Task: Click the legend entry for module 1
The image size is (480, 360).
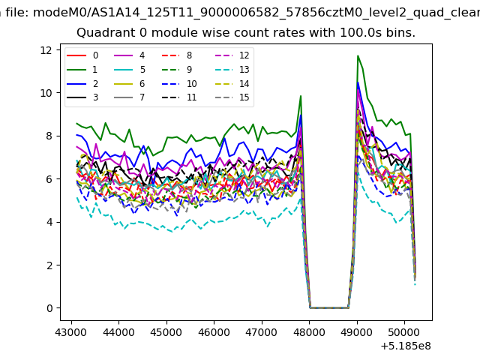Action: [x=82, y=70]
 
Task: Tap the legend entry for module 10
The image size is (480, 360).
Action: [x=179, y=84]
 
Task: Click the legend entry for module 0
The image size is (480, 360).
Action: [x=82, y=55]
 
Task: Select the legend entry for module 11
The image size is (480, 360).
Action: [x=179, y=97]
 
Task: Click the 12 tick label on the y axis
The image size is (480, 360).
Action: [x=46, y=50]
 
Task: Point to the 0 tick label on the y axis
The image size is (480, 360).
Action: [x=49, y=308]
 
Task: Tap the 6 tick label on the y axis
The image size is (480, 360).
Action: [x=49, y=179]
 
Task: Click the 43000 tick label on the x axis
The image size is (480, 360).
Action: [x=71, y=332]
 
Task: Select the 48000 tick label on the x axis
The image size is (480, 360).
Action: [x=309, y=332]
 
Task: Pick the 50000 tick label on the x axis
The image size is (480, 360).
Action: [x=404, y=332]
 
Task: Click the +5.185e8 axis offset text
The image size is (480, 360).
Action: [x=406, y=346]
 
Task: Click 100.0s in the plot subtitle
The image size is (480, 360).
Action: [x=361, y=33]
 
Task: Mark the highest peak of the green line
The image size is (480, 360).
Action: [x=358, y=56]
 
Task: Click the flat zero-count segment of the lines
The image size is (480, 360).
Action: [x=329, y=307]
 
